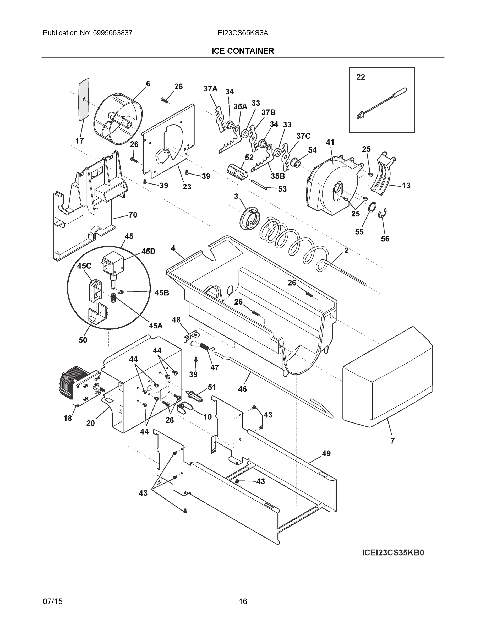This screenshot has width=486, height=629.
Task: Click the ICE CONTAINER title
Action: [243, 51]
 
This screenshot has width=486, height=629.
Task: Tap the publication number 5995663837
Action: [112, 33]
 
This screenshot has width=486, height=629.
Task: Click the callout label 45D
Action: [148, 251]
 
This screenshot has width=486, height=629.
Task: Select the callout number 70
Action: [133, 215]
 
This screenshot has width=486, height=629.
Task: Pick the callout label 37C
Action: [303, 136]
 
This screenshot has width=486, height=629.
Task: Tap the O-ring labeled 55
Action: [372, 206]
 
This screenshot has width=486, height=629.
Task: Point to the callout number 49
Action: [326, 453]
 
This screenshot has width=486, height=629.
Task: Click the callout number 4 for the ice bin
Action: [173, 248]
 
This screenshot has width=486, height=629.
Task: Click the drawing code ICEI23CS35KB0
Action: [393, 553]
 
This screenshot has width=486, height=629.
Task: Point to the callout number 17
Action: [79, 140]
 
